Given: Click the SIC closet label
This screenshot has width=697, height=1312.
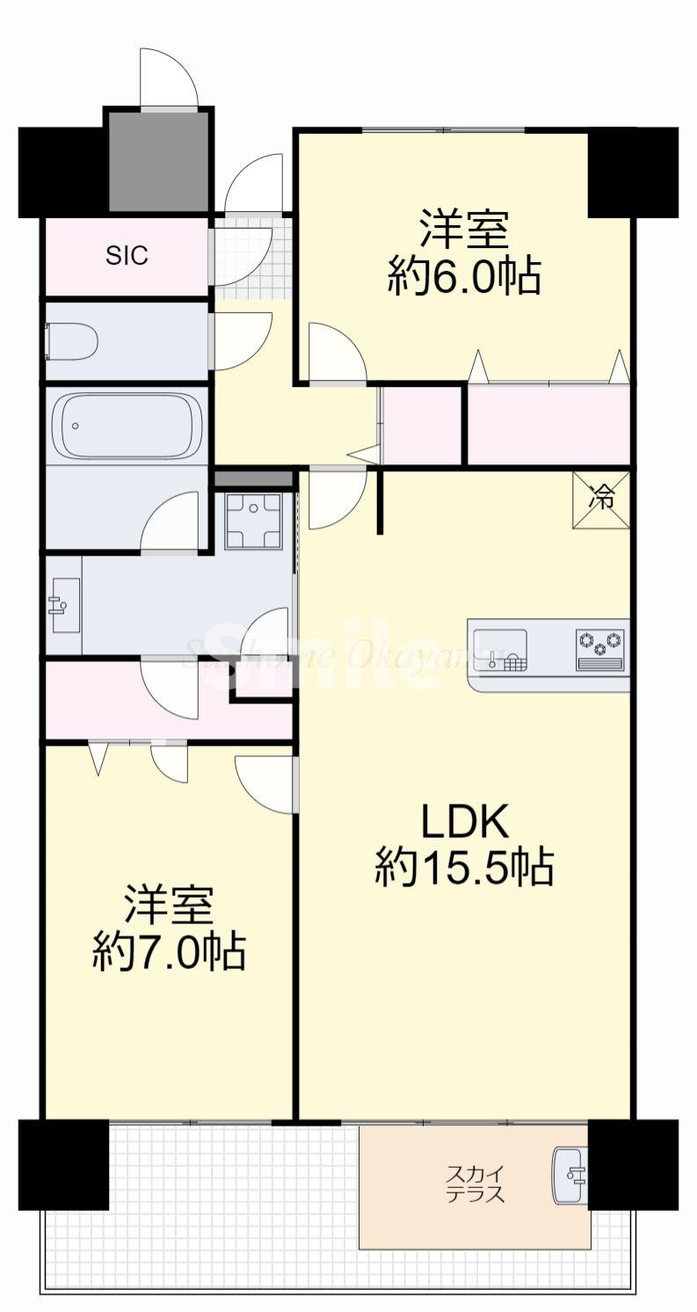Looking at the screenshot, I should pyautogui.click(x=127, y=255).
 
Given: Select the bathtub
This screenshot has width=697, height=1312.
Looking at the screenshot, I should pyautogui.click(x=127, y=426).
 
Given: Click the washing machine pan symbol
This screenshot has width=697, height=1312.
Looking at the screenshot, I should pyautogui.click(x=253, y=521).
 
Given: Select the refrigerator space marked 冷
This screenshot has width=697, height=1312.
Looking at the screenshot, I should pyautogui.click(x=602, y=500).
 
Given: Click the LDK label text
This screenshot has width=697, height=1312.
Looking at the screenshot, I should pyautogui.click(x=465, y=823).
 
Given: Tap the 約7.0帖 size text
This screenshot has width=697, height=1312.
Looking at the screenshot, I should pyautogui.click(x=169, y=951).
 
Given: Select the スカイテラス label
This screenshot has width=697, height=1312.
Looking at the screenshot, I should pyautogui.click(x=476, y=1184).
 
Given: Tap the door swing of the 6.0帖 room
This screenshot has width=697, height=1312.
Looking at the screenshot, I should pyautogui.click(x=337, y=354).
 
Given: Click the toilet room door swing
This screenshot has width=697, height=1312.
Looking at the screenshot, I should pyautogui.click(x=239, y=340).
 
